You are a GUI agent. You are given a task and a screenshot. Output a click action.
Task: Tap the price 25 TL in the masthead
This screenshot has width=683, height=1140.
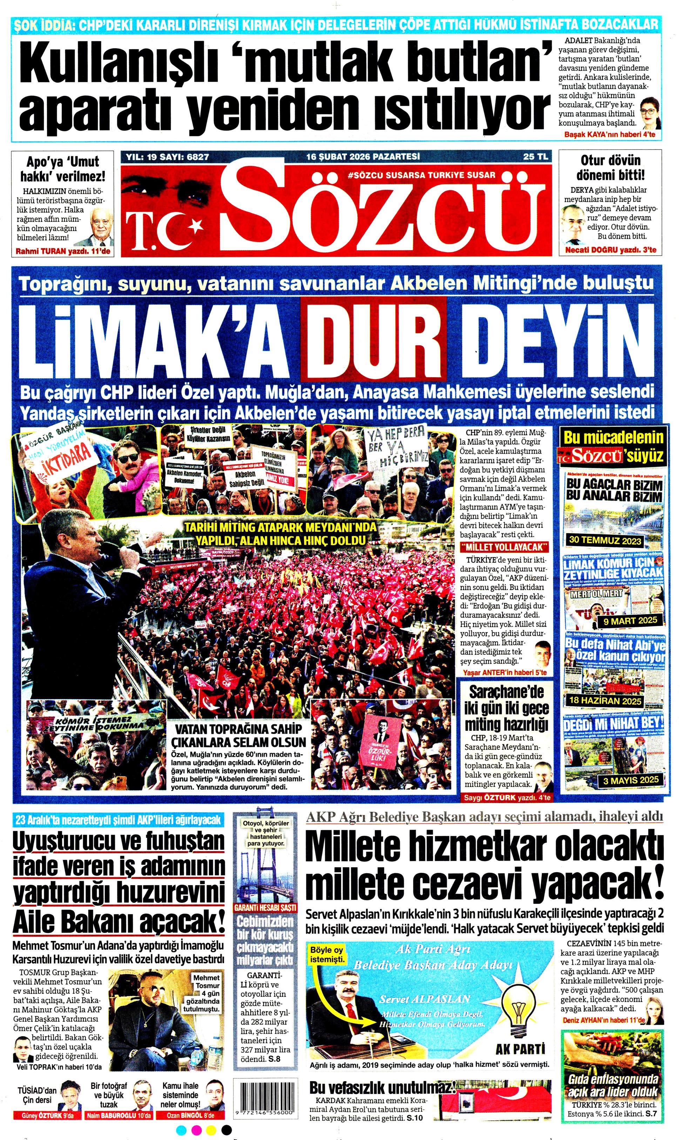coord(535,157)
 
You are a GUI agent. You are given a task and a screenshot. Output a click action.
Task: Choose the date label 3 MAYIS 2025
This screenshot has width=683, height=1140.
coord(631,780)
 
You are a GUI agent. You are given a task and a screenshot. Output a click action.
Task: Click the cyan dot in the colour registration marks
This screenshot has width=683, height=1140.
coord(181,1130)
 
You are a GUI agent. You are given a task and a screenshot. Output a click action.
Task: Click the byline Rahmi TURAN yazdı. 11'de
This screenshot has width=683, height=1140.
coord(63,252)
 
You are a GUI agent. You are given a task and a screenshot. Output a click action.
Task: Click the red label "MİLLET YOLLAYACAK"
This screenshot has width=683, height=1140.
coord(505,547)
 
